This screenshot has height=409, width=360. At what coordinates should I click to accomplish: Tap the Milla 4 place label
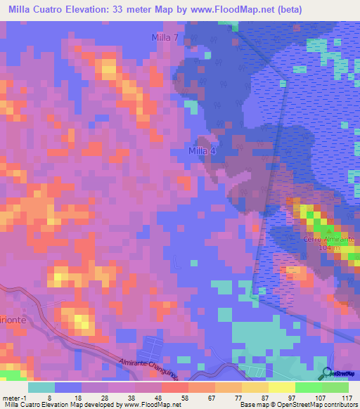(202, 151)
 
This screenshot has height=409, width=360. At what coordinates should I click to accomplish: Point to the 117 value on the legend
(346, 398)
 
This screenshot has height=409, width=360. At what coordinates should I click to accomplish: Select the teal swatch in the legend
(41, 387)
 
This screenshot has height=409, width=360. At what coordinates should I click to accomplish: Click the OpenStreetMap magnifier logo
(328, 373)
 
